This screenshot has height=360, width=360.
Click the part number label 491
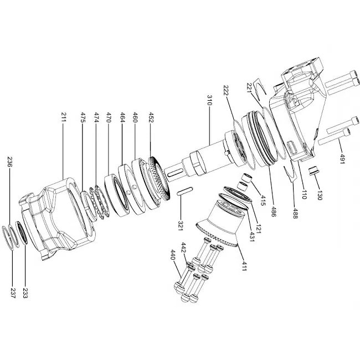tap(342, 158)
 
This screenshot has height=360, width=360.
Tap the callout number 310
tap(209, 100)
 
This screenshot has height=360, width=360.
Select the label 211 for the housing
tap(64, 117)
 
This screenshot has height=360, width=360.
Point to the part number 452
tap(151, 117)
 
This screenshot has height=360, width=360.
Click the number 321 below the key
tap(181, 225)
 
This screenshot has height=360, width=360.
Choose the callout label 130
tap(320, 195)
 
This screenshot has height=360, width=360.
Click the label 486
tap(273, 212)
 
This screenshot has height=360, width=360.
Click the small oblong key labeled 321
tap(184, 191)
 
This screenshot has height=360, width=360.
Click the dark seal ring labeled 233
tap(22, 233)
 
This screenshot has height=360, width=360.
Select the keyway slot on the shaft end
tap(175, 172)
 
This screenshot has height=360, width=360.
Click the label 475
tap(83, 117)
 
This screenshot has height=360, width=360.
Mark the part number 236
tap(10, 162)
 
